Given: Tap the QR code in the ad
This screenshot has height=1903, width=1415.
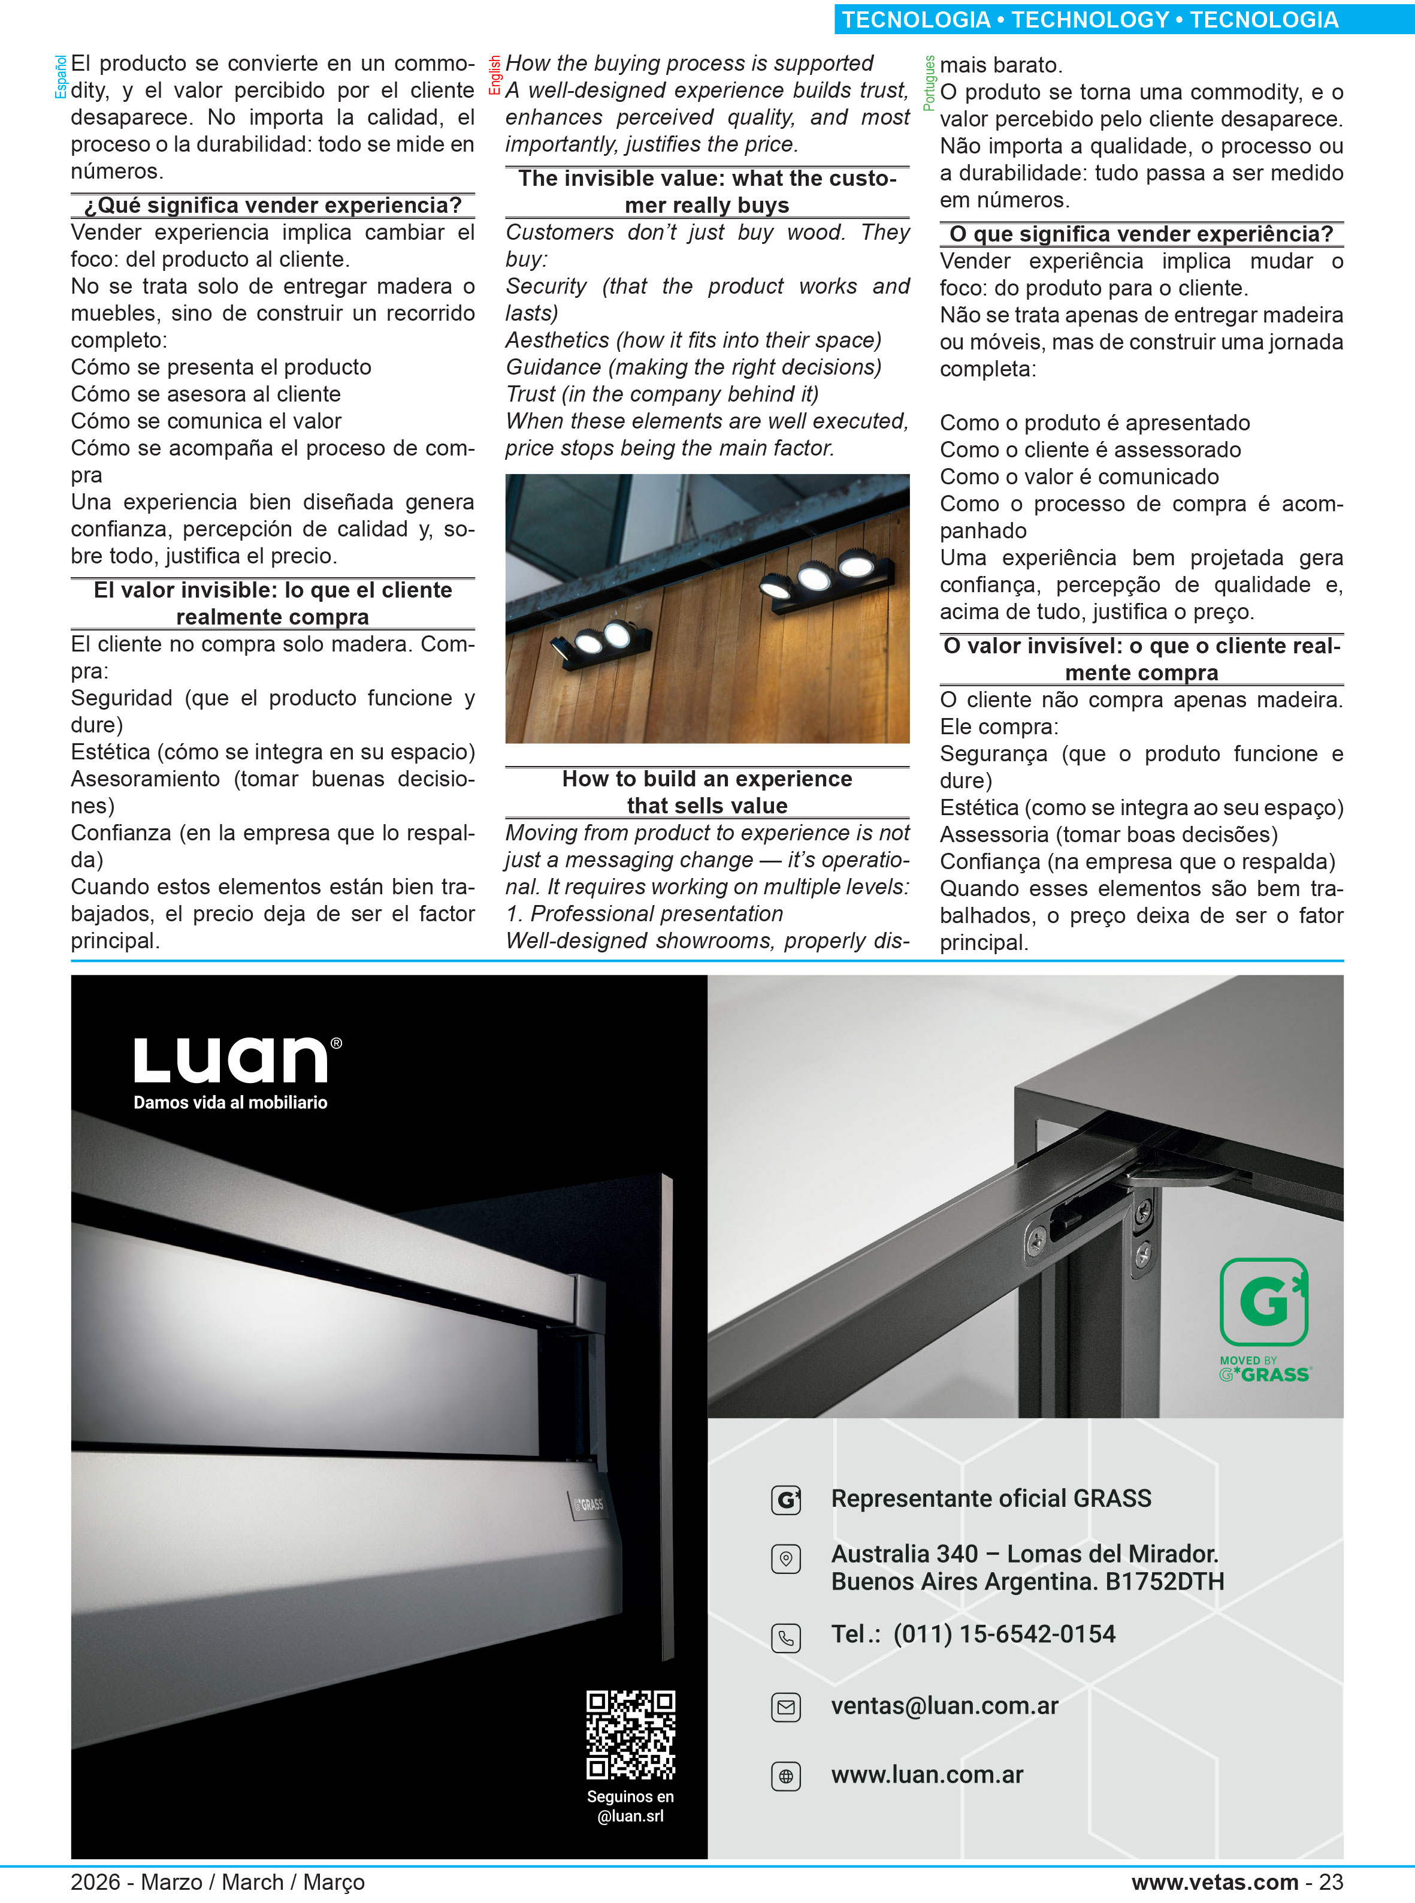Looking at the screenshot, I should pyautogui.click(x=630, y=1735).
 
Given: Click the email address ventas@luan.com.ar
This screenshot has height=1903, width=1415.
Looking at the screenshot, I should pyautogui.click(x=944, y=1706).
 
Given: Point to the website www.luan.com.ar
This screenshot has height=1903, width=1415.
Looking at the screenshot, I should pyautogui.click(x=927, y=1775).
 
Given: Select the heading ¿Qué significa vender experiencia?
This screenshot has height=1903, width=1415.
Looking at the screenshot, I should pyautogui.click(x=273, y=206).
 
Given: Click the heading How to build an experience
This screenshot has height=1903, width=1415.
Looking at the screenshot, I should pyautogui.click(x=707, y=779).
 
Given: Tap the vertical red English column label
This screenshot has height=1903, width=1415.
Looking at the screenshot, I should pyautogui.click(x=494, y=76).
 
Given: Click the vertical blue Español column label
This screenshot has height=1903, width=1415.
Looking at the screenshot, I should pyautogui.click(x=60, y=77).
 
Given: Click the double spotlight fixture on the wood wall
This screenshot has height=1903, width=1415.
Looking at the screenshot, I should pyautogui.click(x=603, y=638).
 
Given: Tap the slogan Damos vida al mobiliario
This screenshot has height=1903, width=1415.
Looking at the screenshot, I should pyautogui.click(x=231, y=1103).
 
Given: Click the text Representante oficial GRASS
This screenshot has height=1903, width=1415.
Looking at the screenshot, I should pyautogui.click(x=990, y=1498).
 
